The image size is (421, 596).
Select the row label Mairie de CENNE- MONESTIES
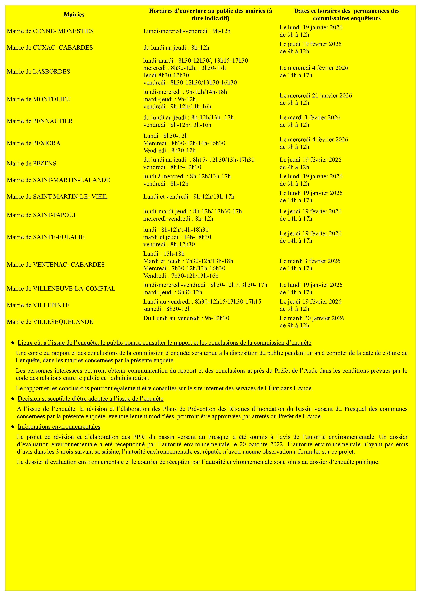coord(50,31)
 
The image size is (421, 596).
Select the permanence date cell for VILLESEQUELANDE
coord(312,322)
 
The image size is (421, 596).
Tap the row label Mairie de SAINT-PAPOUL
coord(42,215)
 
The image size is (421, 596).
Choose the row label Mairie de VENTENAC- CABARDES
coord(56,265)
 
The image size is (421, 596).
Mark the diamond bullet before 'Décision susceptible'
coord(13,399)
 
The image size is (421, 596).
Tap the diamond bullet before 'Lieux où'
coord(13,343)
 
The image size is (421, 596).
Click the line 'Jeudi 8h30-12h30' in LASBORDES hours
coord(166,75)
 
